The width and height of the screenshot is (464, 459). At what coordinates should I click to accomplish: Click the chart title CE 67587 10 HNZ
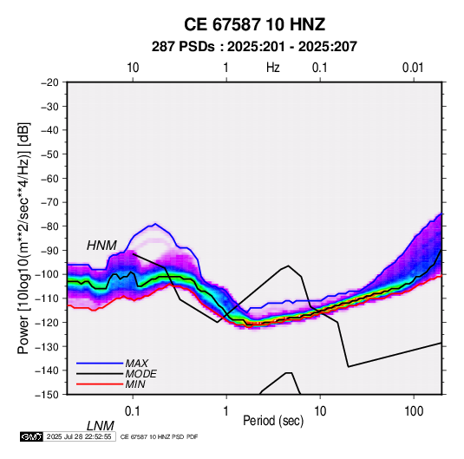pyautogui.click(x=254, y=24)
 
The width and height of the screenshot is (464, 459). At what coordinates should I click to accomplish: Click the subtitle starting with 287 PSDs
pyautogui.click(x=254, y=47)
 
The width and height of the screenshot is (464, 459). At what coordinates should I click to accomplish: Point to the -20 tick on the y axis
pyautogui.click(x=49, y=82)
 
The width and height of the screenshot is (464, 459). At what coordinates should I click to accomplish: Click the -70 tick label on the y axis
pyautogui.click(x=49, y=202)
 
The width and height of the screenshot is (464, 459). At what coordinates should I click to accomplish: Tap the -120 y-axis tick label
pyautogui.click(x=47, y=322)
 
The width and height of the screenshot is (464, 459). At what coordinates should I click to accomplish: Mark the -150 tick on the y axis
pyautogui.click(x=47, y=395)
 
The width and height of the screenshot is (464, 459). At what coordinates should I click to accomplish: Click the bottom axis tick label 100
pyautogui.click(x=414, y=411)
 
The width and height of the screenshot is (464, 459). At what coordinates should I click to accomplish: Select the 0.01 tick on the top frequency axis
pyautogui.click(x=413, y=68)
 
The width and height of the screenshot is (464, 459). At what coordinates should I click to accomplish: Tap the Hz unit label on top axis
pyautogui.click(x=273, y=68)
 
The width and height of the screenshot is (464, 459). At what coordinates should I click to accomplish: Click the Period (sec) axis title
pyautogui.click(x=273, y=421)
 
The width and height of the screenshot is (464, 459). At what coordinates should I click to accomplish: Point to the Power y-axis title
pyautogui.click(x=23, y=239)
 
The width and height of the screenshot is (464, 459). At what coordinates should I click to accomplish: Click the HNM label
pyautogui.click(x=101, y=246)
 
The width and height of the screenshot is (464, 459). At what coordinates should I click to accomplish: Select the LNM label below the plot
pyautogui.click(x=100, y=426)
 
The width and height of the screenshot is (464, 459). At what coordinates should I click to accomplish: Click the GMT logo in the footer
pyautogui.click(x=32, y=436)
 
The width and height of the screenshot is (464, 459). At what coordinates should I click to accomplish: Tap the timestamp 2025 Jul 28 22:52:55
pyautogui.click(x=79, y=436)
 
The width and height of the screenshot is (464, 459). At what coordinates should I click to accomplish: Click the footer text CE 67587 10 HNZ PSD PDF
pyautogui.click(x=160, y=436)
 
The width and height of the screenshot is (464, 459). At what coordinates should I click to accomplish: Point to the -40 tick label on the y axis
pyautogui.click(x=49, y=130)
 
